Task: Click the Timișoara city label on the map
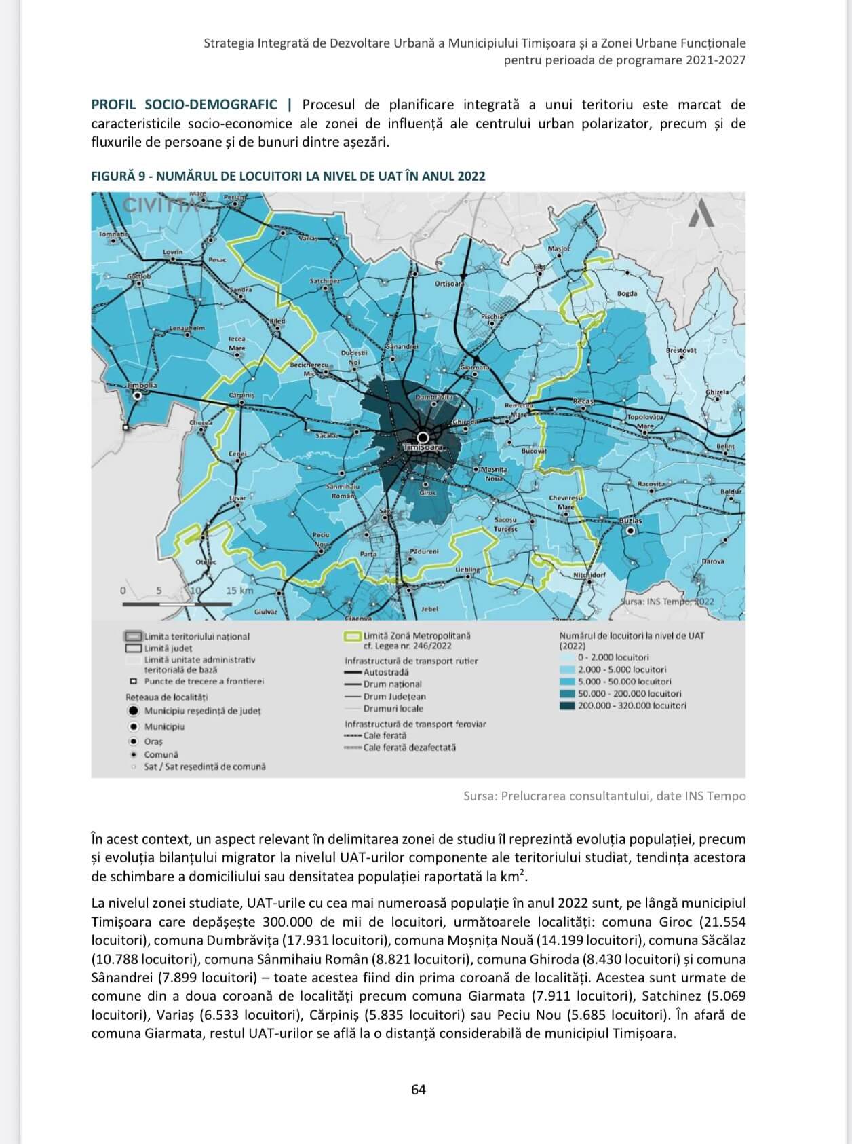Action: click(422, 448)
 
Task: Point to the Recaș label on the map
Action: click(583, 401)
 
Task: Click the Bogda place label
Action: click(627, 293)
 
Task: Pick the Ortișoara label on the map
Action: click(449, 283)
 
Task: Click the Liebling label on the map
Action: click(468, 569)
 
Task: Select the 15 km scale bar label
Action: click(239, 591)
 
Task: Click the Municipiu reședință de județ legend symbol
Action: click(134, 711)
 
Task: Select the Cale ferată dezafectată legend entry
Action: click(409, 748)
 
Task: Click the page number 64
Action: click(419, 1090)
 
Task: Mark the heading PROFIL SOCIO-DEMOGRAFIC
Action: click(185, 105)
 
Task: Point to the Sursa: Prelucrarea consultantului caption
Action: click(604, 796)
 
